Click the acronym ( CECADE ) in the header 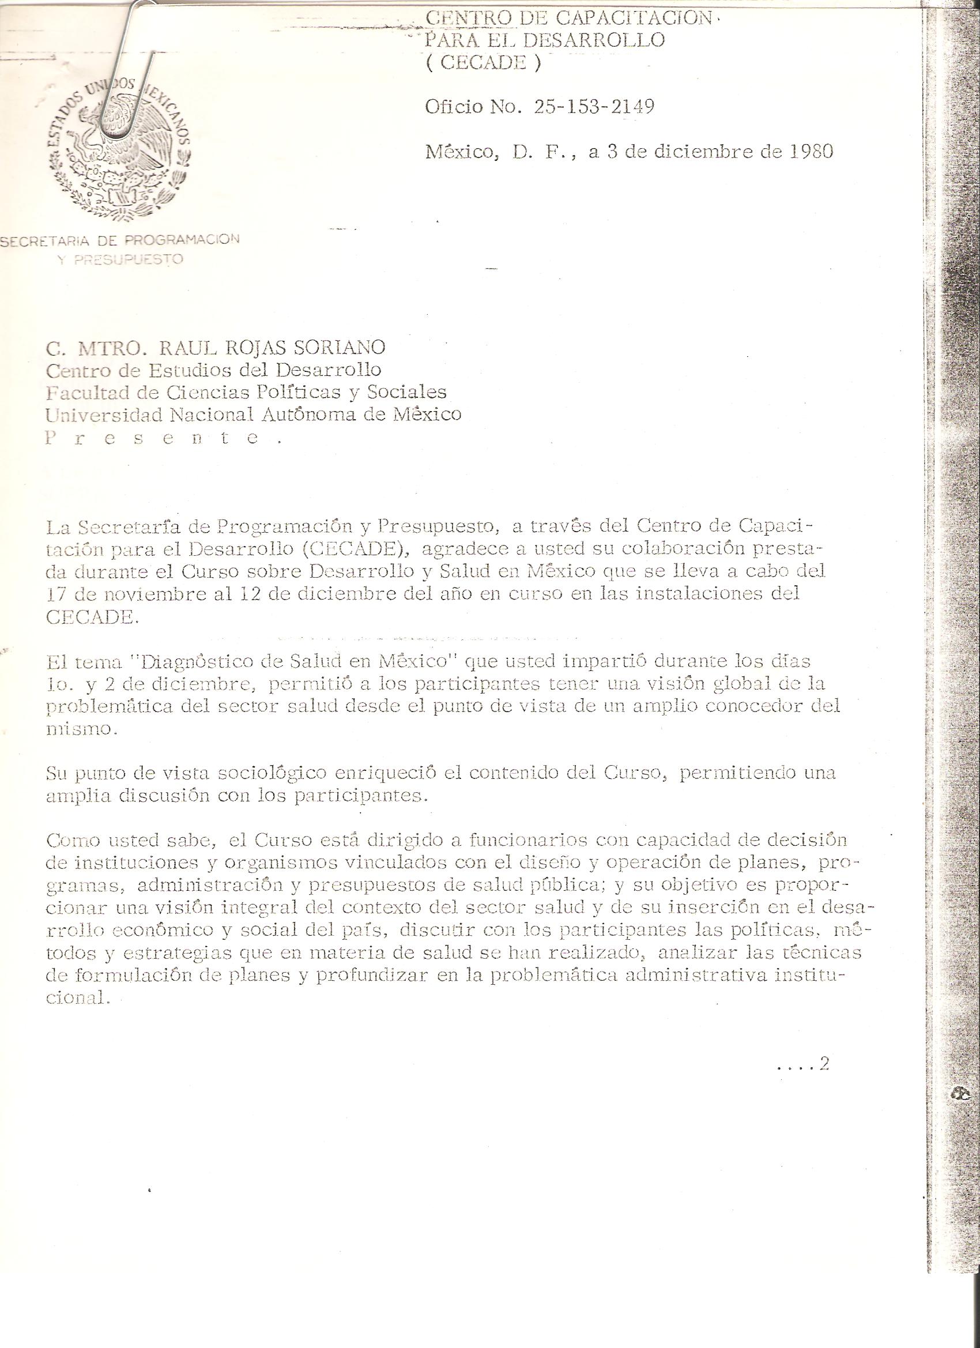(483, 63)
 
